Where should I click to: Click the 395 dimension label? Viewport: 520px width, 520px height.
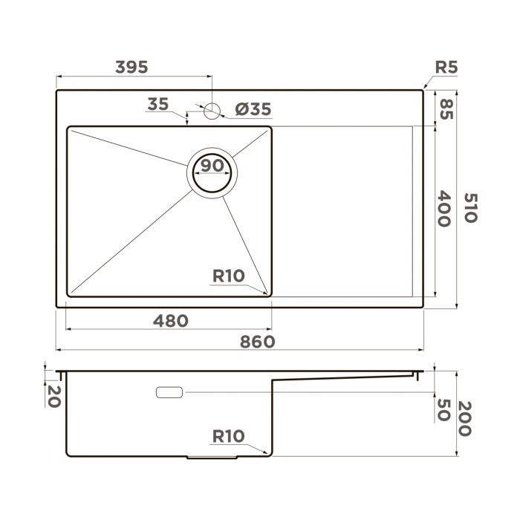click(132, 66)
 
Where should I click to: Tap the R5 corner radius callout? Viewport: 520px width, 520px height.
click(445, 68)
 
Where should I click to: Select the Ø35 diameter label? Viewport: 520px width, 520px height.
click(253, 110)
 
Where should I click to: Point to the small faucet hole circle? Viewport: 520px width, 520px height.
click(212, 111)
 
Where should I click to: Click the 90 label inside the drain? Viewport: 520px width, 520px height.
click(212, 166)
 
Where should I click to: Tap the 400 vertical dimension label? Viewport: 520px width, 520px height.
click(444, 209)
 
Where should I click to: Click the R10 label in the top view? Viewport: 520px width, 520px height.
click(228, 276)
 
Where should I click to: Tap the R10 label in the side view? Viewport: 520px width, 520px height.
click(228, 436)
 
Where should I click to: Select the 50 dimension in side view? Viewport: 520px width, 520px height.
click(444, 409)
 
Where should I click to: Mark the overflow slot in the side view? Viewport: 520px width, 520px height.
click(171, 391)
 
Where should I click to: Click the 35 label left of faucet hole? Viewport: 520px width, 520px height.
click(157, 104)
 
